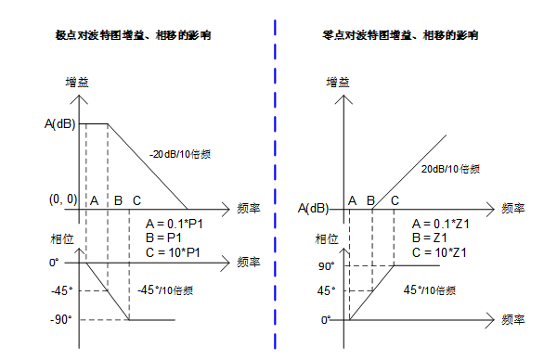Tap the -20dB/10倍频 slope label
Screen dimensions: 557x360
tap(179, 153)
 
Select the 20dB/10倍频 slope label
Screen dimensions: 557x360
tap(451, 169)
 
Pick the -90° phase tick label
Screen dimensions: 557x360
tap(63, 319)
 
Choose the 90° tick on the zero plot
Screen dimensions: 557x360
tap(326, 266)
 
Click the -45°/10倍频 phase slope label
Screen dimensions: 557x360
tap(168, 291)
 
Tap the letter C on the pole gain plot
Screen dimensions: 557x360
tap(137, 200)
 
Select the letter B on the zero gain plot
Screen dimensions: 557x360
tap(370, 200)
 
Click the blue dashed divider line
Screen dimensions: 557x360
tap(276, 186)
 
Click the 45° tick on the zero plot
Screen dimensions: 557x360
tap(326, 291)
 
